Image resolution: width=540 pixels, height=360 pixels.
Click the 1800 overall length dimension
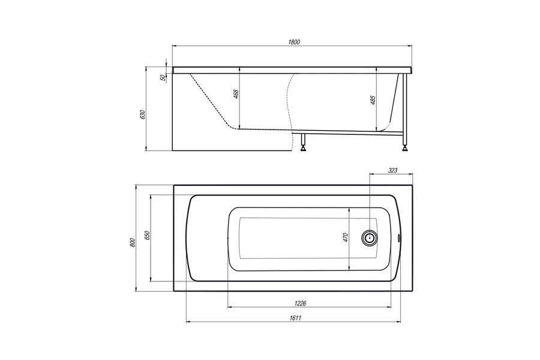293,42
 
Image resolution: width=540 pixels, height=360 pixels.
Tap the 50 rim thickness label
163,77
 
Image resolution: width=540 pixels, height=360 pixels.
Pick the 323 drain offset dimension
392,171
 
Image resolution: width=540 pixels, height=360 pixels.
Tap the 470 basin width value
346,238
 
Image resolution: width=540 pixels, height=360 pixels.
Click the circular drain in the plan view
370,238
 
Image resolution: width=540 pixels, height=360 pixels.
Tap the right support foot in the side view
406,145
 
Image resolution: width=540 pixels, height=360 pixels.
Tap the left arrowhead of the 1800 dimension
175,47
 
